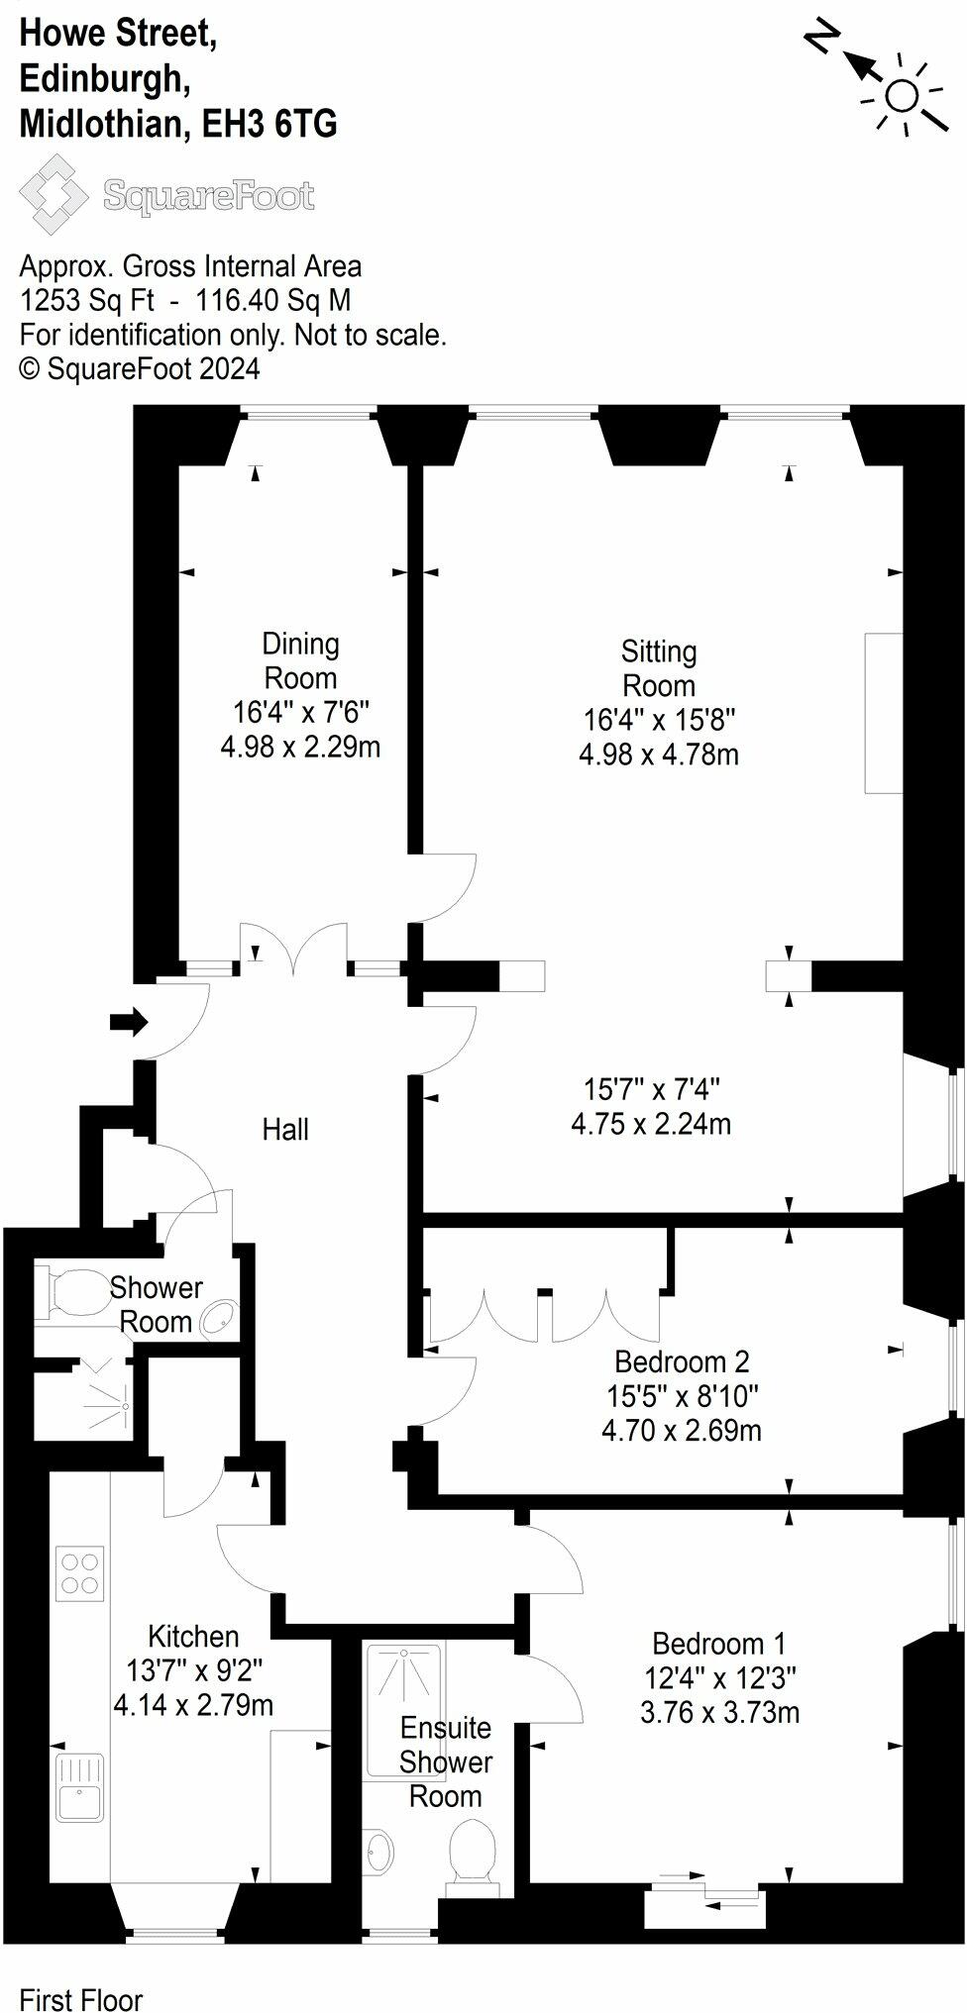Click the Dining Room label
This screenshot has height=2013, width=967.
300,660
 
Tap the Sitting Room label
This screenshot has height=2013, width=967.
659,668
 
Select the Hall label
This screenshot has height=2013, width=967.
285,1129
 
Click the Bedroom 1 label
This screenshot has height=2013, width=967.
719,1644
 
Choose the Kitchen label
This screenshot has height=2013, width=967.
193,1636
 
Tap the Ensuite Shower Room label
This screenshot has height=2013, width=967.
446,1761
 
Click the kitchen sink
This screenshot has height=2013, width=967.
80,1788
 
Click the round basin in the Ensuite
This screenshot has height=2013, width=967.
380,1850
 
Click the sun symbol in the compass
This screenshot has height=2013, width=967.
902,96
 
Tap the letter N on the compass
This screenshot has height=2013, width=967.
821,39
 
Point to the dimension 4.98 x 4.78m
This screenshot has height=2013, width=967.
659,755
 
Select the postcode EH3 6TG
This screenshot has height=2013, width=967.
269,125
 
